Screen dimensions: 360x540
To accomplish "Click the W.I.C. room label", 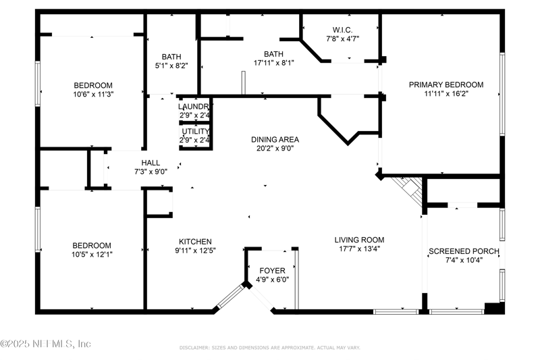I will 339,30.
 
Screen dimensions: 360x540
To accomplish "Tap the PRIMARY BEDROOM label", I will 446,84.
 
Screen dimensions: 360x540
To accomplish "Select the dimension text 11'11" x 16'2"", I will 446,94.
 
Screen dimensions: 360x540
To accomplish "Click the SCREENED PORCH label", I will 464,251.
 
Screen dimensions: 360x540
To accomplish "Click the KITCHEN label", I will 195,242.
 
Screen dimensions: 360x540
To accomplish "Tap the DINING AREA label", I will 275,140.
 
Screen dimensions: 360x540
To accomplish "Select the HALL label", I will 151,162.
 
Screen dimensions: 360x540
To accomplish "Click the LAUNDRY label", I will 195,107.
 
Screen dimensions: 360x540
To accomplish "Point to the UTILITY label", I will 195,131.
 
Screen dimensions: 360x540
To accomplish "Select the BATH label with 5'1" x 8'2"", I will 171,57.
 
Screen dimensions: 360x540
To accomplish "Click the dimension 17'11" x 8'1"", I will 273,63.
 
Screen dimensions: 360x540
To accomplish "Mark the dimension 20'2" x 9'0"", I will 275,149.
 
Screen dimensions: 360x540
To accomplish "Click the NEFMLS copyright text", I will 46,344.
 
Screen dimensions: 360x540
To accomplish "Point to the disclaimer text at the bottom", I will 269,348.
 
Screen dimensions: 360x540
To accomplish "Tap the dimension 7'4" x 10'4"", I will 464,261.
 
